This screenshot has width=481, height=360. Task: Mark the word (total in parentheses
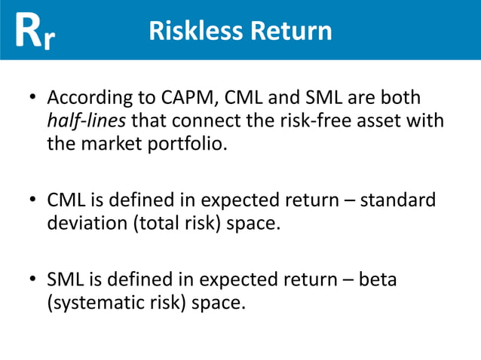click(155, 223)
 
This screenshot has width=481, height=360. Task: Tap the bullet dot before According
click(32, 99)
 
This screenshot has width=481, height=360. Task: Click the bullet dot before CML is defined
click(32, 202)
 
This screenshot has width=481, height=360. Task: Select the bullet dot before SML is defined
click(32, 280)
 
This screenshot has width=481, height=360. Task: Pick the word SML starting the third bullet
click(64, 279)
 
